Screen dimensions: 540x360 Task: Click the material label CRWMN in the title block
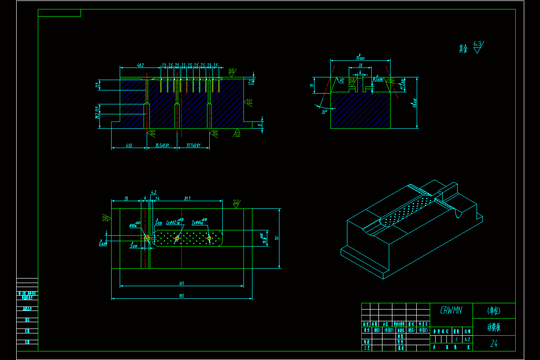(450, 310)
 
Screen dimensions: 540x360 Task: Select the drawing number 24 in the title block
(494, 344)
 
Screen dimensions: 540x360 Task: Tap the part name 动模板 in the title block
(494, 327)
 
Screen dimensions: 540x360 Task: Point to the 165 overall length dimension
(182, 296)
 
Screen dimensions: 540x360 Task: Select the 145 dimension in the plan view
(182, 283)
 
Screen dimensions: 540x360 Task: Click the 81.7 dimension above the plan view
(188, 198)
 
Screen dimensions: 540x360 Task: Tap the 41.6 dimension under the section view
(129, 145)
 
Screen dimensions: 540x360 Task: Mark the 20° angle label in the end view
(324, 112)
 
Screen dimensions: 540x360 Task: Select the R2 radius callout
(342, 81)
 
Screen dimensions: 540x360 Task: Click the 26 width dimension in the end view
(360, 66)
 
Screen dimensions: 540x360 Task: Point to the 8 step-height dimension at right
(260, 125)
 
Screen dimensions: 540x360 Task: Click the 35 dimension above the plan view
(126, 198)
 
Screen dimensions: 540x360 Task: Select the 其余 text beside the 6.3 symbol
(463, 49)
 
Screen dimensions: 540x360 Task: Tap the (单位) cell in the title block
(494, 310)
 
